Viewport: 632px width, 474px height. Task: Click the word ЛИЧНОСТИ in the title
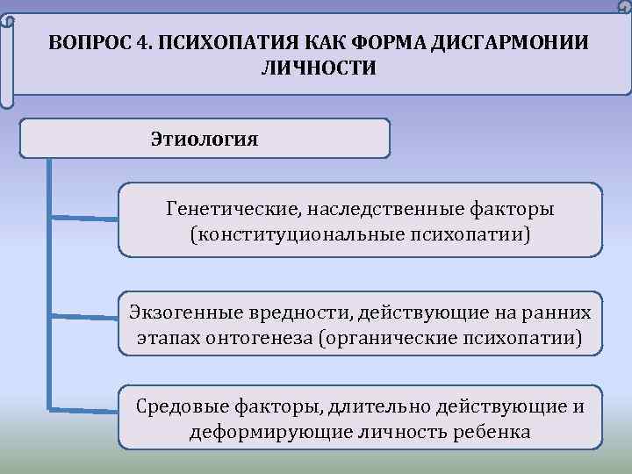[x=319, y=68]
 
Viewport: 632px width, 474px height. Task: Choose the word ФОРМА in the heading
[x=377, y=44]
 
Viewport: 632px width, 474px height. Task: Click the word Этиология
[x=204, y=139]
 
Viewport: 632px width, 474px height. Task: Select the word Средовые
[x=182, y=406]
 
